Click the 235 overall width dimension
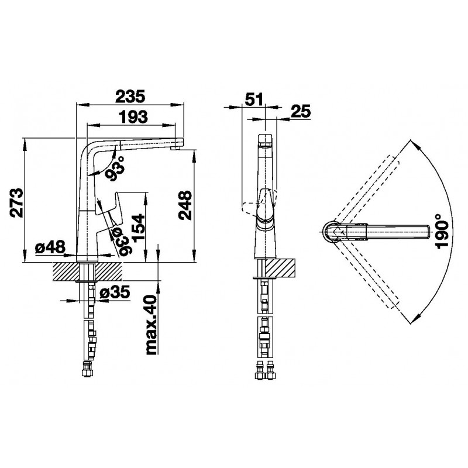pos(130,96)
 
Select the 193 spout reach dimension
pos(133,116)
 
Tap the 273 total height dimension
pos(16,202)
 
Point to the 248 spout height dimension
pos(185,205)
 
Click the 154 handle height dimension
pos(139,228)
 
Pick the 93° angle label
pos(115,168)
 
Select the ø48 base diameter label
pos(50,247)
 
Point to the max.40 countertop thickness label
pos(151,325)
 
